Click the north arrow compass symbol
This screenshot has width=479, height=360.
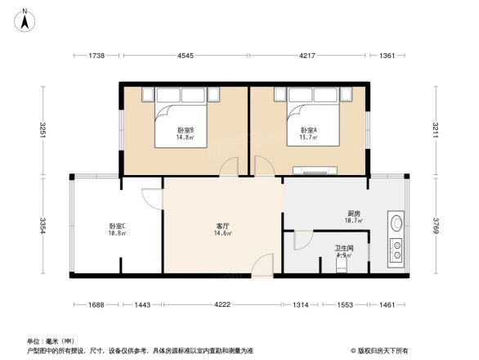[x=26, y=18]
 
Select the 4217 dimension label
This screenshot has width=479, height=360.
[x=307, y=56]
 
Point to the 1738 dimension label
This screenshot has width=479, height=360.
[x=96, y=56]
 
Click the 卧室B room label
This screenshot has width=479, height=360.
[x=185, y=134]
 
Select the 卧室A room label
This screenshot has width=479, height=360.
[x=308, y=134]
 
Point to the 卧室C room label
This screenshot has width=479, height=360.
[x=117, y=229]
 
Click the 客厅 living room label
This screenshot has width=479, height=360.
[x=222, y=229]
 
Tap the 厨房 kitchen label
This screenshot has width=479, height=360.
[x=353, y=217]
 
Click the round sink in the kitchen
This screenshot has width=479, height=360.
[x=396, y=221]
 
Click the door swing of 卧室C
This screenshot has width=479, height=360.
[x=152, y=199]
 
